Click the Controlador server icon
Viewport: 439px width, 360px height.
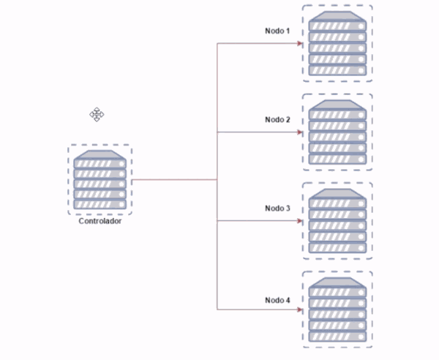tap(101, 179)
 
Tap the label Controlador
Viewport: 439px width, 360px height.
tap(100, 222)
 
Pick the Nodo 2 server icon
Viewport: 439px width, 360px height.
tap(337, 131)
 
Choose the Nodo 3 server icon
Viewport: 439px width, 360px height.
tap(337, 220)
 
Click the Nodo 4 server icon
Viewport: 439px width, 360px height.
tap(337, 309)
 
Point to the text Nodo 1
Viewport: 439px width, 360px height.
tap(278, 31)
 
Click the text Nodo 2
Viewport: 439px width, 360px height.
tap(278, 119)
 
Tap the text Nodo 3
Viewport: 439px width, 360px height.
tap(278, 209)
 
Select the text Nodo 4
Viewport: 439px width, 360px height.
tap(278, 300)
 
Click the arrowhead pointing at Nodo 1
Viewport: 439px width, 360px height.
tap(299, 43)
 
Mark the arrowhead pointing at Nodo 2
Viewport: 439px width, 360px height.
tap(299, 132)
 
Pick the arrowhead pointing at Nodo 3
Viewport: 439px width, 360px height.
tap(299, 221)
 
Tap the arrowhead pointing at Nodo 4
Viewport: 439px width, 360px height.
tap(299, 310)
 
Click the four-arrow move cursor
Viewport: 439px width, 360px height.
tap(97, 114)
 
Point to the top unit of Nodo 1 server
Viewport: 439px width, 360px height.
tap(337, 26)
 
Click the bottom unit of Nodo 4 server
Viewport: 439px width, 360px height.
tap(337, 337)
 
